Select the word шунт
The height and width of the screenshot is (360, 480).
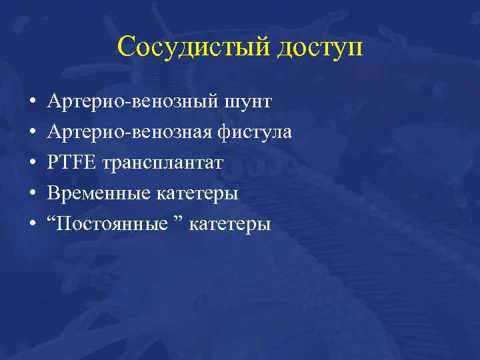coord(248,102)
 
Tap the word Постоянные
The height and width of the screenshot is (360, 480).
coord(112,224)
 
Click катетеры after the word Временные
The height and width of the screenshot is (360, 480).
coord(197,193)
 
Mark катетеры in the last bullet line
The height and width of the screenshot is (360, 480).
coord(230,224)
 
